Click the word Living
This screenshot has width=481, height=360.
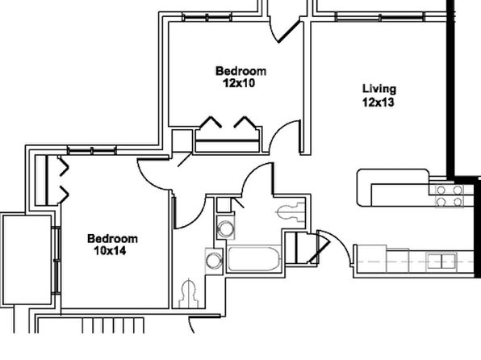coord(379,89)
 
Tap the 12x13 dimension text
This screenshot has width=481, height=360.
coord(378,103)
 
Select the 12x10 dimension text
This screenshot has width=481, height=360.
coord(239,83)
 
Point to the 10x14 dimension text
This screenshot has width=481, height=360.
coord(110,251)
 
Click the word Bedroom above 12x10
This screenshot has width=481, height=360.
coord(240,71)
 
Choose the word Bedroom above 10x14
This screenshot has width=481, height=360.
coord(112,238)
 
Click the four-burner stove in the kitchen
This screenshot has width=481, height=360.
coord(450,196)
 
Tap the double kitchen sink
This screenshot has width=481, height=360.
coord(441,262)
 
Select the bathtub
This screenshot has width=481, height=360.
coord(254,258)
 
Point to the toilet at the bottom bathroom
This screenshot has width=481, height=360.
coord(188,293)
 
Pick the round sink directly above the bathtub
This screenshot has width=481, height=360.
coord(226,228)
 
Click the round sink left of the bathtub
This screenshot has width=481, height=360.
coord(214,261)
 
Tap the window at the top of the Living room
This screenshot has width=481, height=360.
coord(380,17)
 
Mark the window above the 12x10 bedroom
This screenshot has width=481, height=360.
coord(207,17)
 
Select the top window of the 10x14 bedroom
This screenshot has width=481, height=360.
coord(92,150)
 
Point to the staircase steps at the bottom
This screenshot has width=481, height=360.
coord(113,325)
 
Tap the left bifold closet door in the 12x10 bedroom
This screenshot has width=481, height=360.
coord(211,122)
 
